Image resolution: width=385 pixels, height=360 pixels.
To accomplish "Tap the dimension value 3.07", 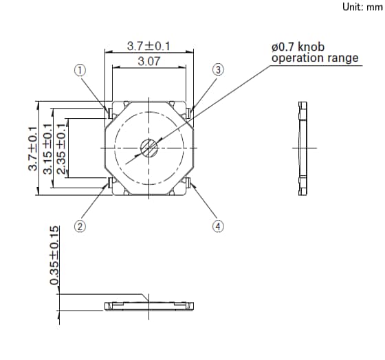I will tap(149, 61).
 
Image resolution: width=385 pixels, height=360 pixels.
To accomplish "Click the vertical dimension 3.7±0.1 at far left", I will tap(31, 148).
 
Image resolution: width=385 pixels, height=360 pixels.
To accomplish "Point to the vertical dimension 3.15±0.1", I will tap(48, 148).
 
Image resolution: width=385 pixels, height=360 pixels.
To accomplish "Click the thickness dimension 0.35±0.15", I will tap(54, 265).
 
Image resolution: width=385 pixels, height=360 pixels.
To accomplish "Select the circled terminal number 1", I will tap(80, 69).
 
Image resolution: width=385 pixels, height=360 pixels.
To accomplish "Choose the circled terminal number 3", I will tap(218, 69).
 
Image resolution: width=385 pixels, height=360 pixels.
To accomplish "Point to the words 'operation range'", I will tap(315, 58).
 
